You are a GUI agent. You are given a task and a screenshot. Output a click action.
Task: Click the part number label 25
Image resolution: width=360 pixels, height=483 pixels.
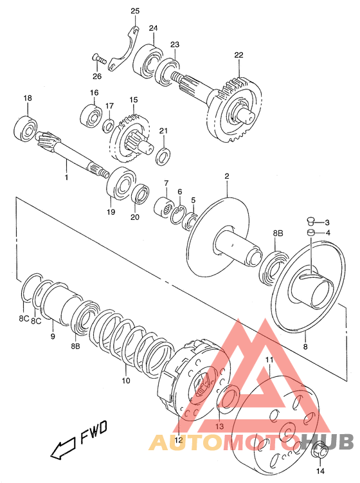point(135,11)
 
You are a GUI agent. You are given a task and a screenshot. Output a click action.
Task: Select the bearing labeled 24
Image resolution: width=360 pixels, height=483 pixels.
point(148,60)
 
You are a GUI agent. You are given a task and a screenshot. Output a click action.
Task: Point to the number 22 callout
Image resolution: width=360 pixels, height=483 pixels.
point(239,55)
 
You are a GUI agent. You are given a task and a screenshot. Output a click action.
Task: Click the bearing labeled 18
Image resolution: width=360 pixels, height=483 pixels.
point(26,128)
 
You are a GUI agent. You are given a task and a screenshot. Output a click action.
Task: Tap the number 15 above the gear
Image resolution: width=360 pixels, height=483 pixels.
point(134,100)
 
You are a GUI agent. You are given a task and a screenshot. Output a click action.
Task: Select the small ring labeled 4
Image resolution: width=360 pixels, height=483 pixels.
point(311,232)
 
